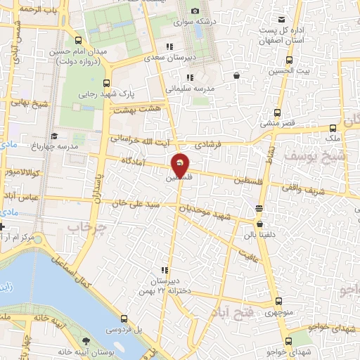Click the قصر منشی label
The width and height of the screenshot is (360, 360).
(x=277, y=123)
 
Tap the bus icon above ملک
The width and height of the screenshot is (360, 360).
(x=333, y=128)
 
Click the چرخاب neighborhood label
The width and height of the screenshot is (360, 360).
(x=87, y=227)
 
